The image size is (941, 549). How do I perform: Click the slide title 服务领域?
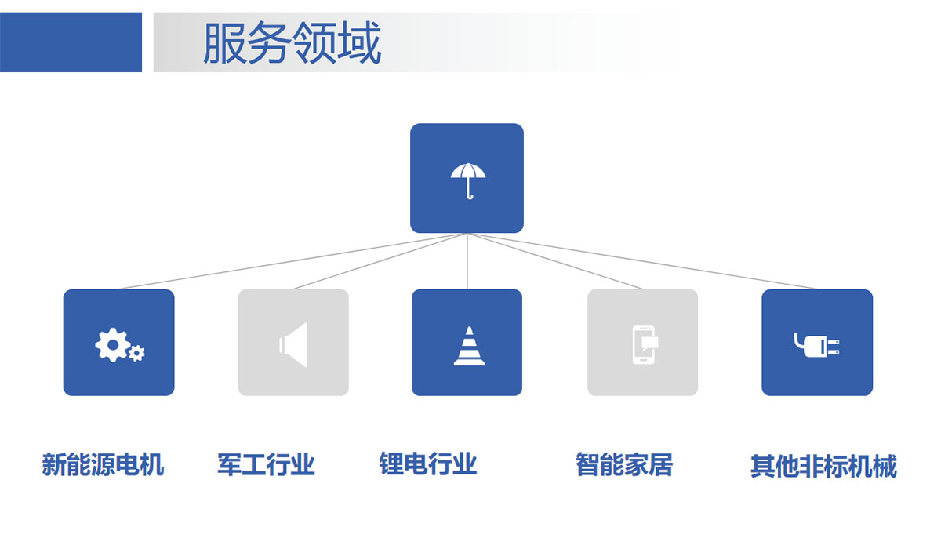292,43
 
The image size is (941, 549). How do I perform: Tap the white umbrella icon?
468,181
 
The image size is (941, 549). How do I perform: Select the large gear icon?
112,345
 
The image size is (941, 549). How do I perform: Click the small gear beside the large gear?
136,353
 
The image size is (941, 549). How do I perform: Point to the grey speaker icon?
292,345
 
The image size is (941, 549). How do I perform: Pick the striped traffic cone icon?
469,346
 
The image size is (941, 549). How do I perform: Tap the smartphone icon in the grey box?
645,345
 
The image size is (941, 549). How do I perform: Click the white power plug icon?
816,345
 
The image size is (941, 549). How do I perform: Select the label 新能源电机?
103,464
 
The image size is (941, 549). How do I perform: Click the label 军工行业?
266,464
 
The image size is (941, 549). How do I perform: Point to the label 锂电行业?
428,464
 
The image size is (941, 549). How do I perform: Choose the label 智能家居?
624,464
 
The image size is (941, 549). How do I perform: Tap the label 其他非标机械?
824,466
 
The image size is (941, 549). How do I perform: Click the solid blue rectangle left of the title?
71,42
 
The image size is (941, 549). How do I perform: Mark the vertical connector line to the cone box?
467,261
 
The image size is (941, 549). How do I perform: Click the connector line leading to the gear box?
293,261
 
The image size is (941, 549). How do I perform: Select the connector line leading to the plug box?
642,261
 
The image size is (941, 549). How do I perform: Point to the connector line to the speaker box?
380,261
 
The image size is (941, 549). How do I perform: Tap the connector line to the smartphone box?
555,261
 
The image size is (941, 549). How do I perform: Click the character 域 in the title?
360,43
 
